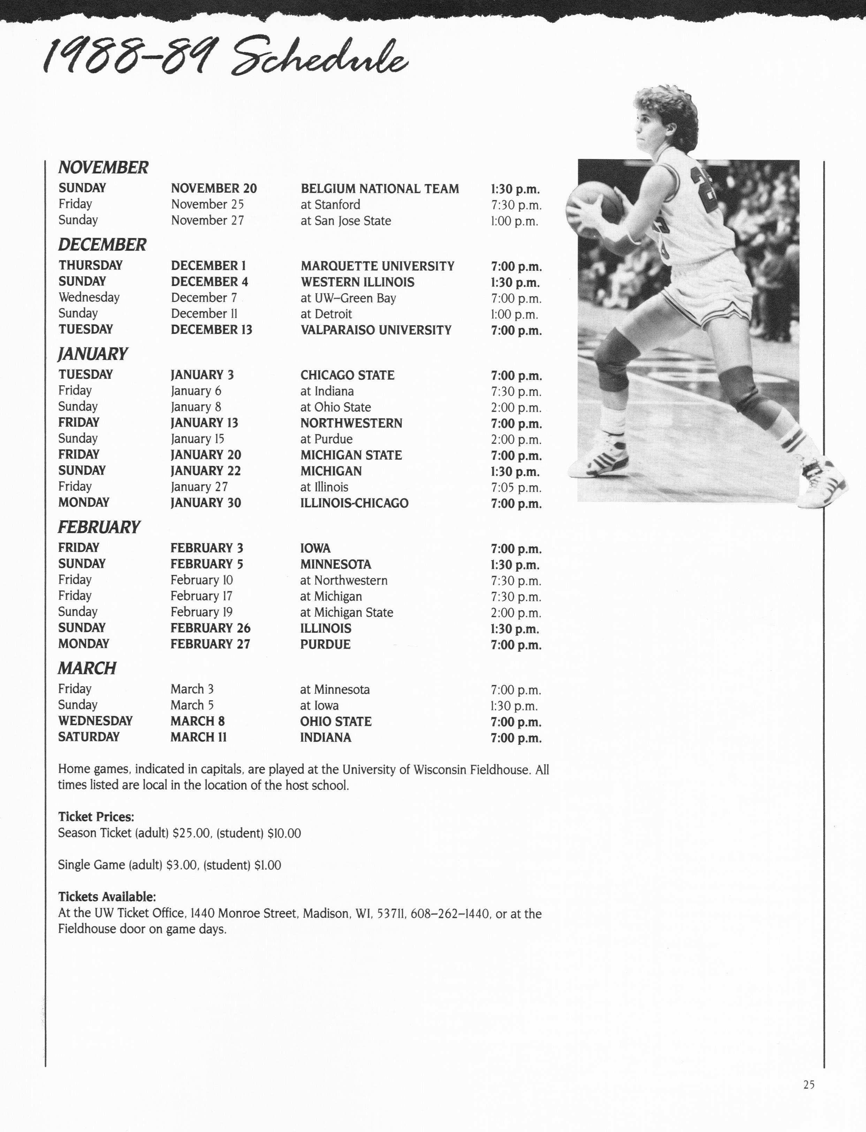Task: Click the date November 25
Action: [207, 205]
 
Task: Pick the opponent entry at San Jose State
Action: [345, 221]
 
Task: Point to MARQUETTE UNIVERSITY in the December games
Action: [377, 266]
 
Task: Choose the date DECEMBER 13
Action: [211, 330]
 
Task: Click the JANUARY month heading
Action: [93, 354]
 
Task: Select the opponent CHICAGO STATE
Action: [348, 375]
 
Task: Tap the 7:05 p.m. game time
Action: [516, 488]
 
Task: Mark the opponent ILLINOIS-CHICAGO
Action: [354, 503]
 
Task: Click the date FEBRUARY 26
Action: [210, 628]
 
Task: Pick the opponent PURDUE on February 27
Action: [325, 644]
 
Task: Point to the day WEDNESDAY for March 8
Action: [96, 721]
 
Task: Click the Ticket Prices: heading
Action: [96, 817]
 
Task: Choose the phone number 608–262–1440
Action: [450, 913]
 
